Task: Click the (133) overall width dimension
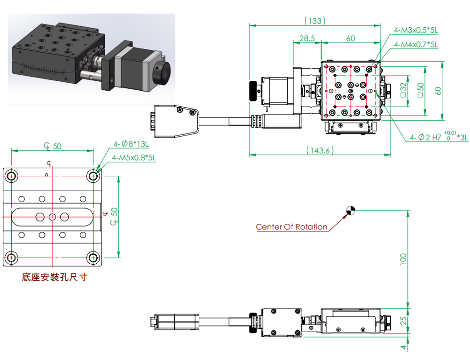tap(315, 21)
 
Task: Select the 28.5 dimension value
tap(307, 39)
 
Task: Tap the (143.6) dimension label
tap(320, 150)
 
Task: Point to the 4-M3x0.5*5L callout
tap(416, 30)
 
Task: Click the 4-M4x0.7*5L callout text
tap(416, 45)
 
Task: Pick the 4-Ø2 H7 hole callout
tap(439, 137)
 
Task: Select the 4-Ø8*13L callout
tap(131, 144)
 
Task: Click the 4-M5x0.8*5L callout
tap(134, 157)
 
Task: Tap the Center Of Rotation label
tap(292, 227)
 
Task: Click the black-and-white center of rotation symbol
tap(351, 211)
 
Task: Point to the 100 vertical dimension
tap(403, 258)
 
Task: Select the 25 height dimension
tap(403, 321)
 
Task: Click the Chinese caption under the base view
tap(55, 277)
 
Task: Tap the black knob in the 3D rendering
tap(162, 72)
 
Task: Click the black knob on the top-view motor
tap(254, 91)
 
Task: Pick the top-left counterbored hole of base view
tap(11, 176)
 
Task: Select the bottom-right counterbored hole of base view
tap(93, 258)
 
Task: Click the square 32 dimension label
tap(403, 90)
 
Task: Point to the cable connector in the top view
tap(177, 121)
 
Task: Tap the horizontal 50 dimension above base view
tap(53, 146)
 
